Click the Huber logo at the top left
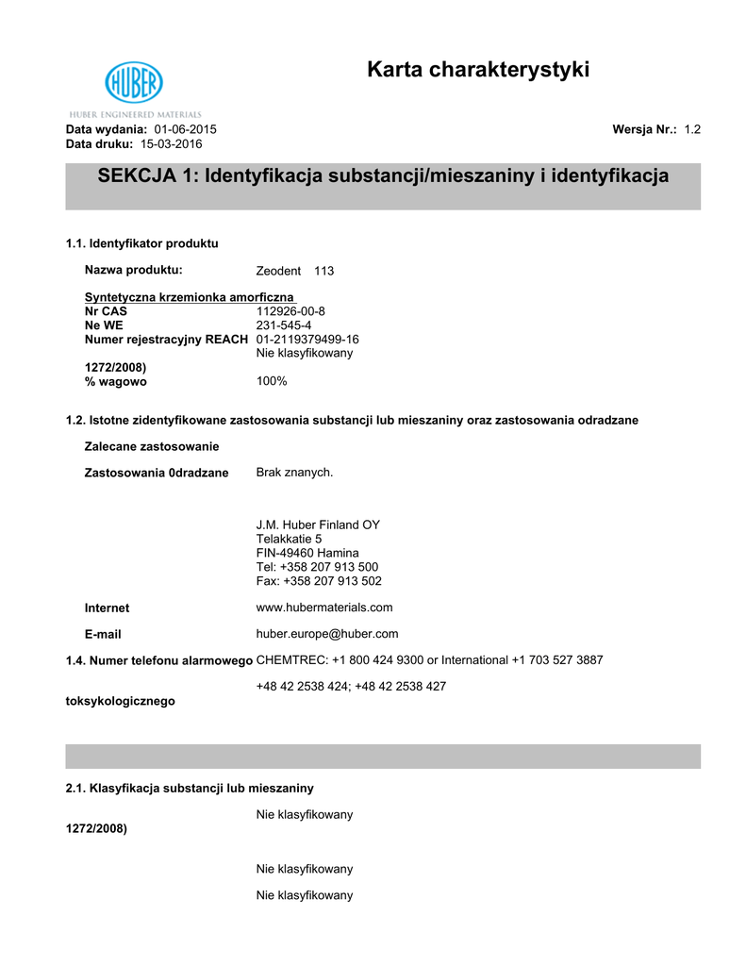tap(133, 83)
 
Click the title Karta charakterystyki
tap(478, 70)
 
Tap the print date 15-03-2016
tap(171, 143)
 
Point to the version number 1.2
tap(692, 129)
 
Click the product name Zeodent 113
tap(295, 271)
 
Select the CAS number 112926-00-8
tap(290, 310)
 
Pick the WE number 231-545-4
tap(284, 325)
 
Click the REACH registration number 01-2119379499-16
tap(307, 339)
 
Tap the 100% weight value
tap(272, 381)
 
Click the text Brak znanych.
tap(294, 472)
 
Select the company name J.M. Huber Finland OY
tap(318, 525)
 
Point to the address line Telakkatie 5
tap(289, 539)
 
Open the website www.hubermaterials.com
tap(324, 608)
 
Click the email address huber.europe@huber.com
tap(327, 634)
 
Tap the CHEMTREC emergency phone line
tap(429, 660)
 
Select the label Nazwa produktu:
tap(133, 270)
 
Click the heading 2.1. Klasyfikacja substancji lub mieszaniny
tap(190, 787)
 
